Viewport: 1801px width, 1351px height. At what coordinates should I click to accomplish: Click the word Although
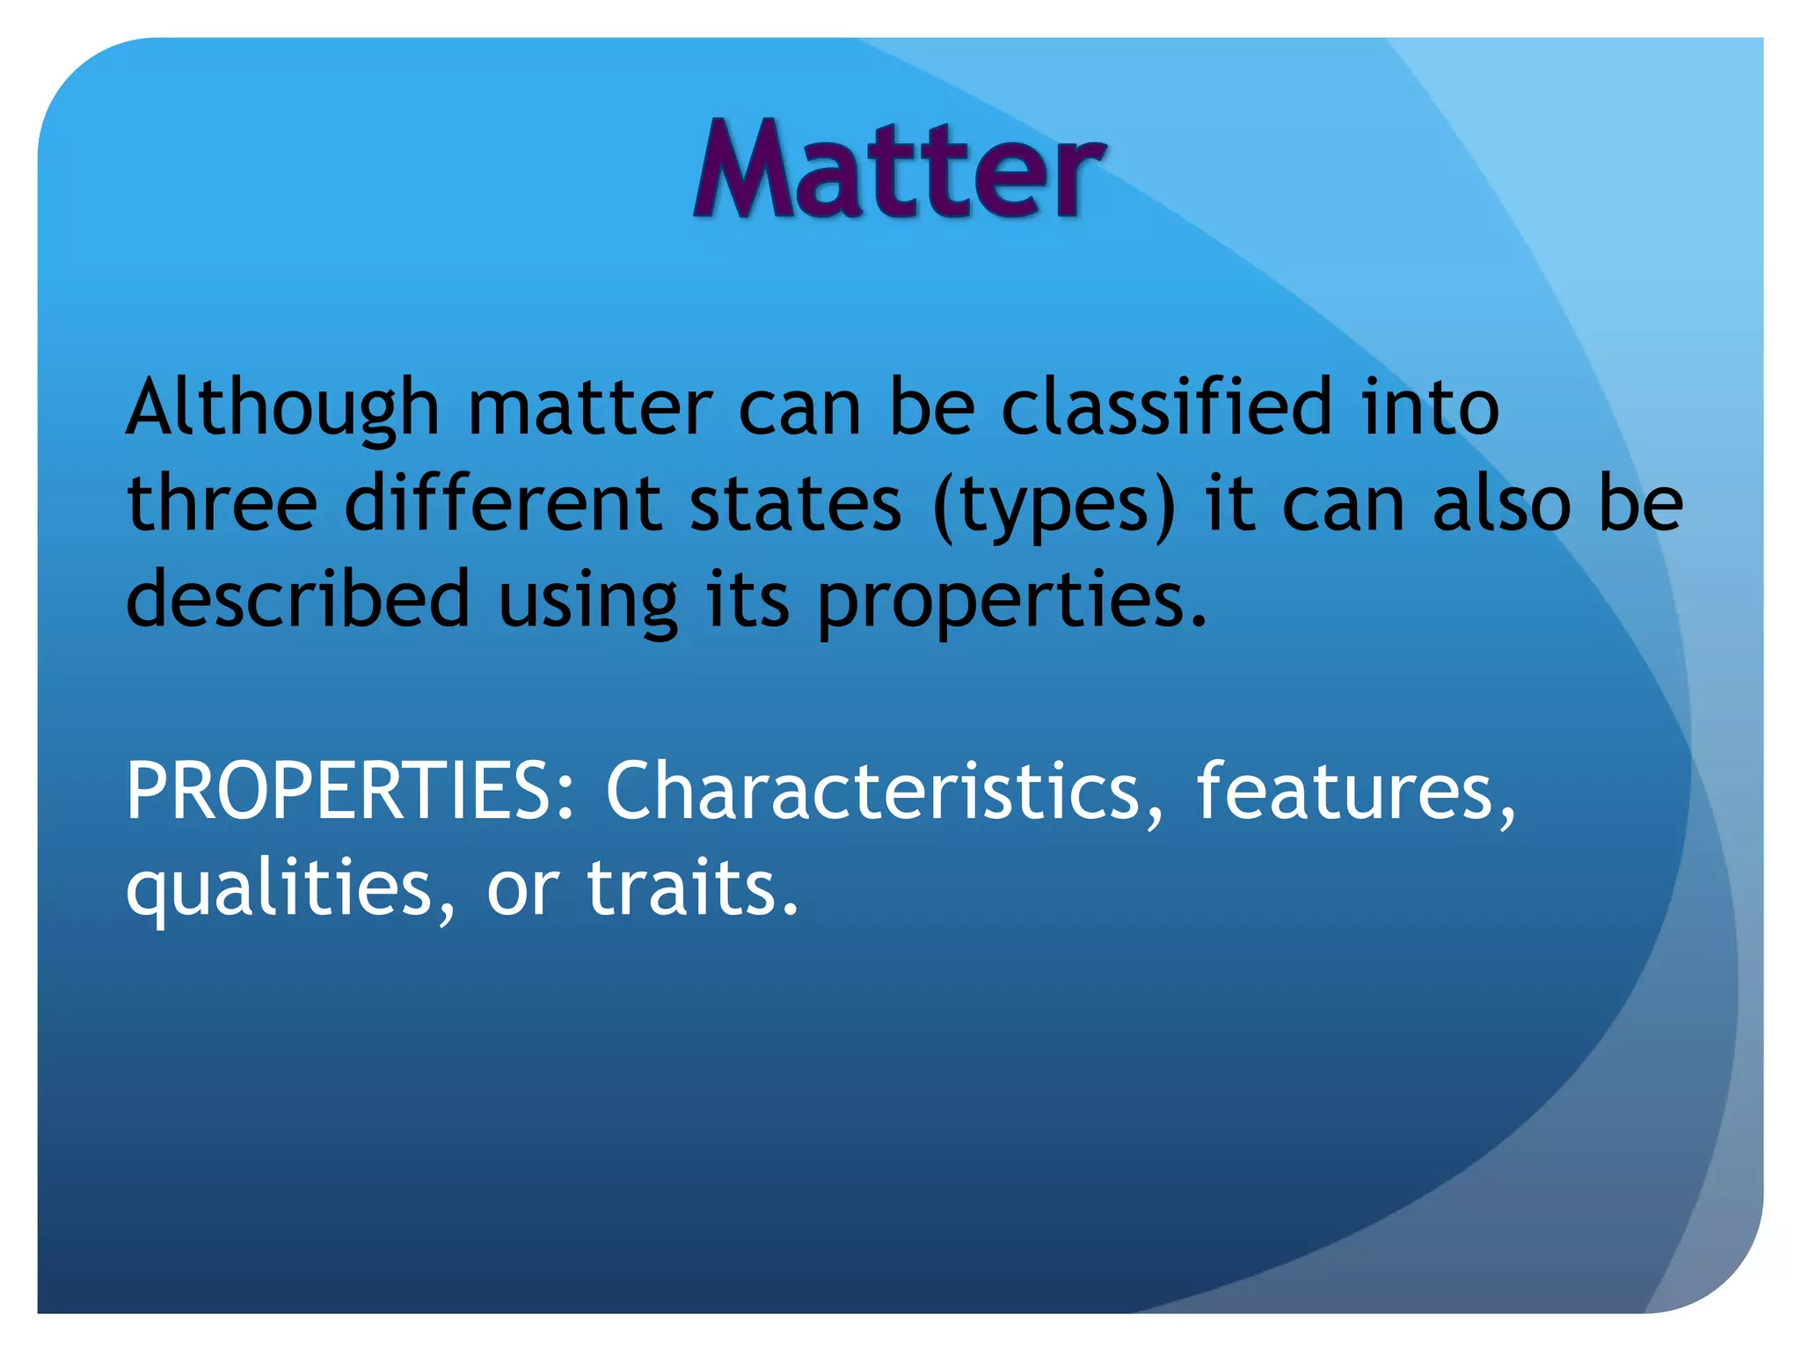[282, 408]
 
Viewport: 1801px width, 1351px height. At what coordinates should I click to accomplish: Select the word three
[222, 503]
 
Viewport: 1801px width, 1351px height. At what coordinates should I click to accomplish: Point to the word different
[502, 503]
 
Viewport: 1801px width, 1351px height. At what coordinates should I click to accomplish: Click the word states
[795, 504]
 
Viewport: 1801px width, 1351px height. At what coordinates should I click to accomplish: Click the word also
[1500, 504]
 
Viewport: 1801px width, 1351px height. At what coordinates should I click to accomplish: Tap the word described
[298, 599]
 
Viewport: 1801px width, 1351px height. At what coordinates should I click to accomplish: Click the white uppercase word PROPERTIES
[349, 791]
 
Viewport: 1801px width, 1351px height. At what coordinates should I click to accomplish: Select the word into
[1430, 406]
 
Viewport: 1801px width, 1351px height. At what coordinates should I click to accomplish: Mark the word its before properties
[747, 599]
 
